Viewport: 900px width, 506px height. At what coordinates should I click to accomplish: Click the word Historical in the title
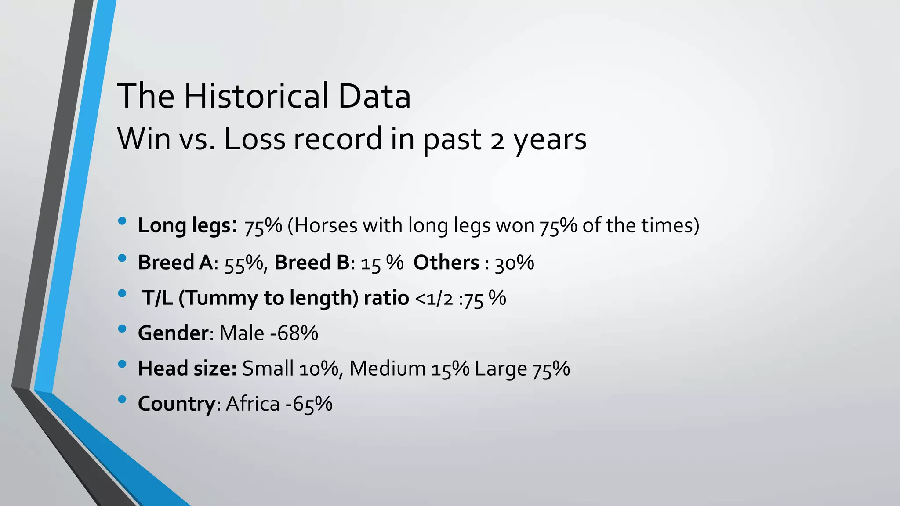pyautogui.click(x=257, y=96)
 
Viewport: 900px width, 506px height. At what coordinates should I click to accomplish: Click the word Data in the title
pyautogui.click(x=374, y=96)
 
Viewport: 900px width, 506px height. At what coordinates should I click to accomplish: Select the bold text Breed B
pyautogui.click(x=312, y=263)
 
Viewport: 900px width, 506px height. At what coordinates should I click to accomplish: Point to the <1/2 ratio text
pyautogui.click(x=434, y=299)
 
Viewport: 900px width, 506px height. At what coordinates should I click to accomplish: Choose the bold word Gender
pyautogui.click(x=173, y=333)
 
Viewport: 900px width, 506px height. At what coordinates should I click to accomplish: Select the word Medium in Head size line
pyautogui.click(x=388, y=369)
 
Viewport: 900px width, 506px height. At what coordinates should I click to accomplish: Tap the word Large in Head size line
pyautogui.click(x=501, y=369)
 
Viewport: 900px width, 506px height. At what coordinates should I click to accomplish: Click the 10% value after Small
pyautogui.click(x=319, y=369)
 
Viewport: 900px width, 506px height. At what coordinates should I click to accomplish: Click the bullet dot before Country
pyautogui.click(x=122, y=399)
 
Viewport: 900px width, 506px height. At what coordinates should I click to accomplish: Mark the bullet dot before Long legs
pyautogui.click(x=122, y=221)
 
